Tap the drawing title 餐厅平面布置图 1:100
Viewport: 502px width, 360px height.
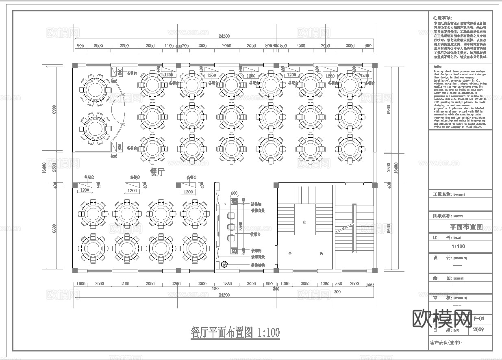coord(235,333)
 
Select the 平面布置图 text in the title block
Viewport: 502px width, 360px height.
coord(466,227)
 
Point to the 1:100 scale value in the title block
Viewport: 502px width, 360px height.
coord(458,246)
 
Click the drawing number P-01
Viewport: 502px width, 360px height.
coord(479,319)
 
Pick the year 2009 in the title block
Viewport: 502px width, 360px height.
coord(479,330)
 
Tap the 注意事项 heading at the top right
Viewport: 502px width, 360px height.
coord(442,18)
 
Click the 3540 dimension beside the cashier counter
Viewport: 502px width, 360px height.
coord(241,226)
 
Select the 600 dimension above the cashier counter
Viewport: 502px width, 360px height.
coord(234,193)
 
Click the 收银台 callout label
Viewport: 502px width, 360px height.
coord(255,234)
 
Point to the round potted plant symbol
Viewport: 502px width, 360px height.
coord(224,265)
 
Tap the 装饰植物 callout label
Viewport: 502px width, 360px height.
coord(257,265)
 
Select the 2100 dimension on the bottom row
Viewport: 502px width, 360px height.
coord(125,284)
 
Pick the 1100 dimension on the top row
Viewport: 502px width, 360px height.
coord(169,46)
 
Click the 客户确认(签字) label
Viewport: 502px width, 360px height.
coord(446,343)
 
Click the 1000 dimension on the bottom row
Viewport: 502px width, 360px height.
coord(81,284)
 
